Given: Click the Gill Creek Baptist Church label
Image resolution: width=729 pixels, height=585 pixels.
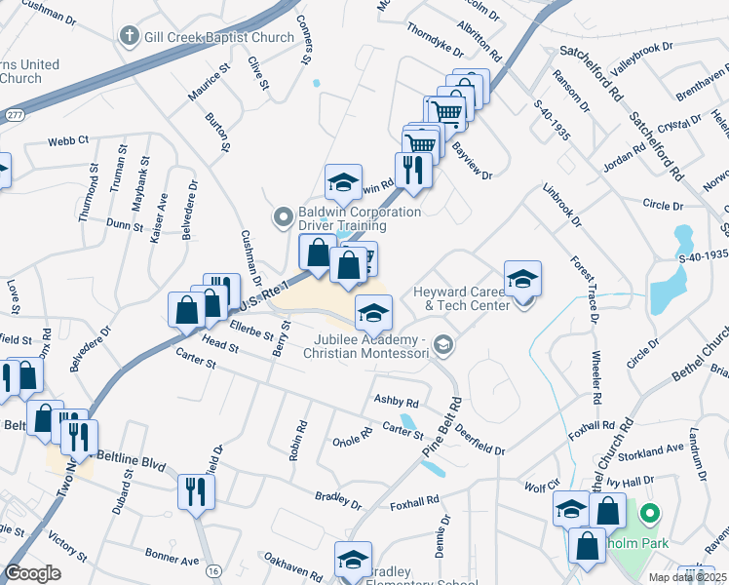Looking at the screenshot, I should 219,37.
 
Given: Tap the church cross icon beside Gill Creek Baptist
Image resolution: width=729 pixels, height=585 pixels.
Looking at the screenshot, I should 128,37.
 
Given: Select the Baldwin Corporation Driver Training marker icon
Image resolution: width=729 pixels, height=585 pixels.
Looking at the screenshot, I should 284,215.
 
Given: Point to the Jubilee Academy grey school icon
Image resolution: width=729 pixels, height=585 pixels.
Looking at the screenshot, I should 443,343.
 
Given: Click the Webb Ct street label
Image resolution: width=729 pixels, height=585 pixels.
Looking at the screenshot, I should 69,140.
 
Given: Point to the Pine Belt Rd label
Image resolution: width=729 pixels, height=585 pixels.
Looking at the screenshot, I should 441,427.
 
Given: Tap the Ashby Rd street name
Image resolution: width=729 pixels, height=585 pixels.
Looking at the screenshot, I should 397,402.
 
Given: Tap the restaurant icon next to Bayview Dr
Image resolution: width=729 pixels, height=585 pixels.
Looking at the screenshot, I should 413,169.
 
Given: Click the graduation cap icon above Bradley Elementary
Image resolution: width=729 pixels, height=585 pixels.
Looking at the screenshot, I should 353,559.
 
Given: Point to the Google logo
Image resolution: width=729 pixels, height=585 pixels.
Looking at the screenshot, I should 33,573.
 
